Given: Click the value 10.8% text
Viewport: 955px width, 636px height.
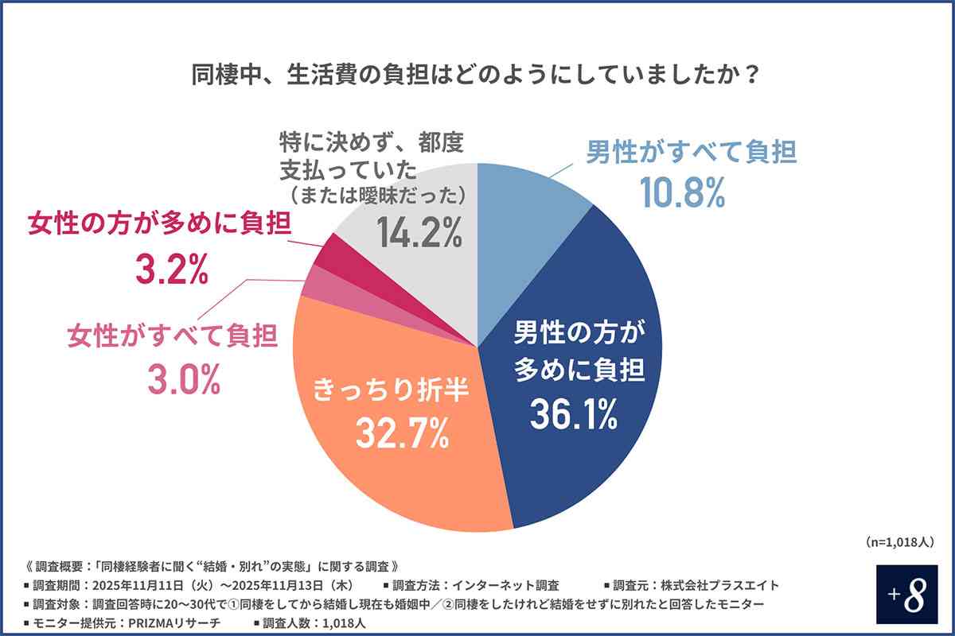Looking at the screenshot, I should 684,192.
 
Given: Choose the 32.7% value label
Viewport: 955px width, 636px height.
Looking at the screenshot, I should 390,433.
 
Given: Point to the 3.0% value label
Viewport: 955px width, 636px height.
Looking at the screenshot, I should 183,381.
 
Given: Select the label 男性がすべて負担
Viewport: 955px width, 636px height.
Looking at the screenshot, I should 691,152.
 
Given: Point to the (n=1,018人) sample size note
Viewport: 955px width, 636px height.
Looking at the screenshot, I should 898,541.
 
